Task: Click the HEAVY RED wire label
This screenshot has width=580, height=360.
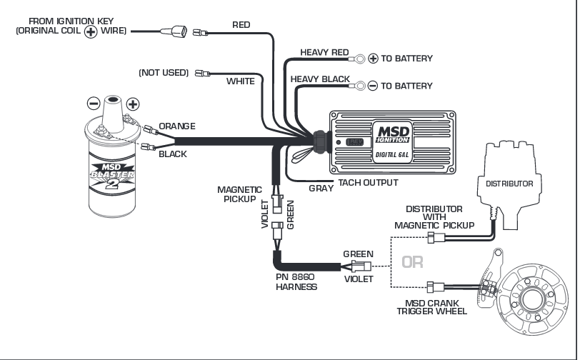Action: click(324, 52)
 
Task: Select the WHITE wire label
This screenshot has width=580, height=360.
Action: click(240, 81)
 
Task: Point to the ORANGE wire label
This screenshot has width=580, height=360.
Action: click(176, 126)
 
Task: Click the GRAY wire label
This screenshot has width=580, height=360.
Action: click(321, 189)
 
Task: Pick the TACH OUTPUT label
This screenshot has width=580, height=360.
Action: click(368, 183)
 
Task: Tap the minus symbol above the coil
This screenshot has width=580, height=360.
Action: click(91, 102)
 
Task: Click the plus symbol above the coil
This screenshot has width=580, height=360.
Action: click(132, 104)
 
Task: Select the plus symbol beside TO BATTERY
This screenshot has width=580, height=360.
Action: click(372, 59)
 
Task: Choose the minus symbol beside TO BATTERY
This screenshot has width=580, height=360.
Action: click(372, 86)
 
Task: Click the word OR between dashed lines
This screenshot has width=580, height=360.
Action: click(412, 262)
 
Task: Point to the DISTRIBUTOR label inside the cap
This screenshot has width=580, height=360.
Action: click(509, 184)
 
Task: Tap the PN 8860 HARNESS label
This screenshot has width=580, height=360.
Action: click(296, 281)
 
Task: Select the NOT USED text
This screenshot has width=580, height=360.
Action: click(164, 73)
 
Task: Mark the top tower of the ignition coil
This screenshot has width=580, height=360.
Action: click(112, 108)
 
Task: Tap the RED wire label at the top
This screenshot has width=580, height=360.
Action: click(241, 25)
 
